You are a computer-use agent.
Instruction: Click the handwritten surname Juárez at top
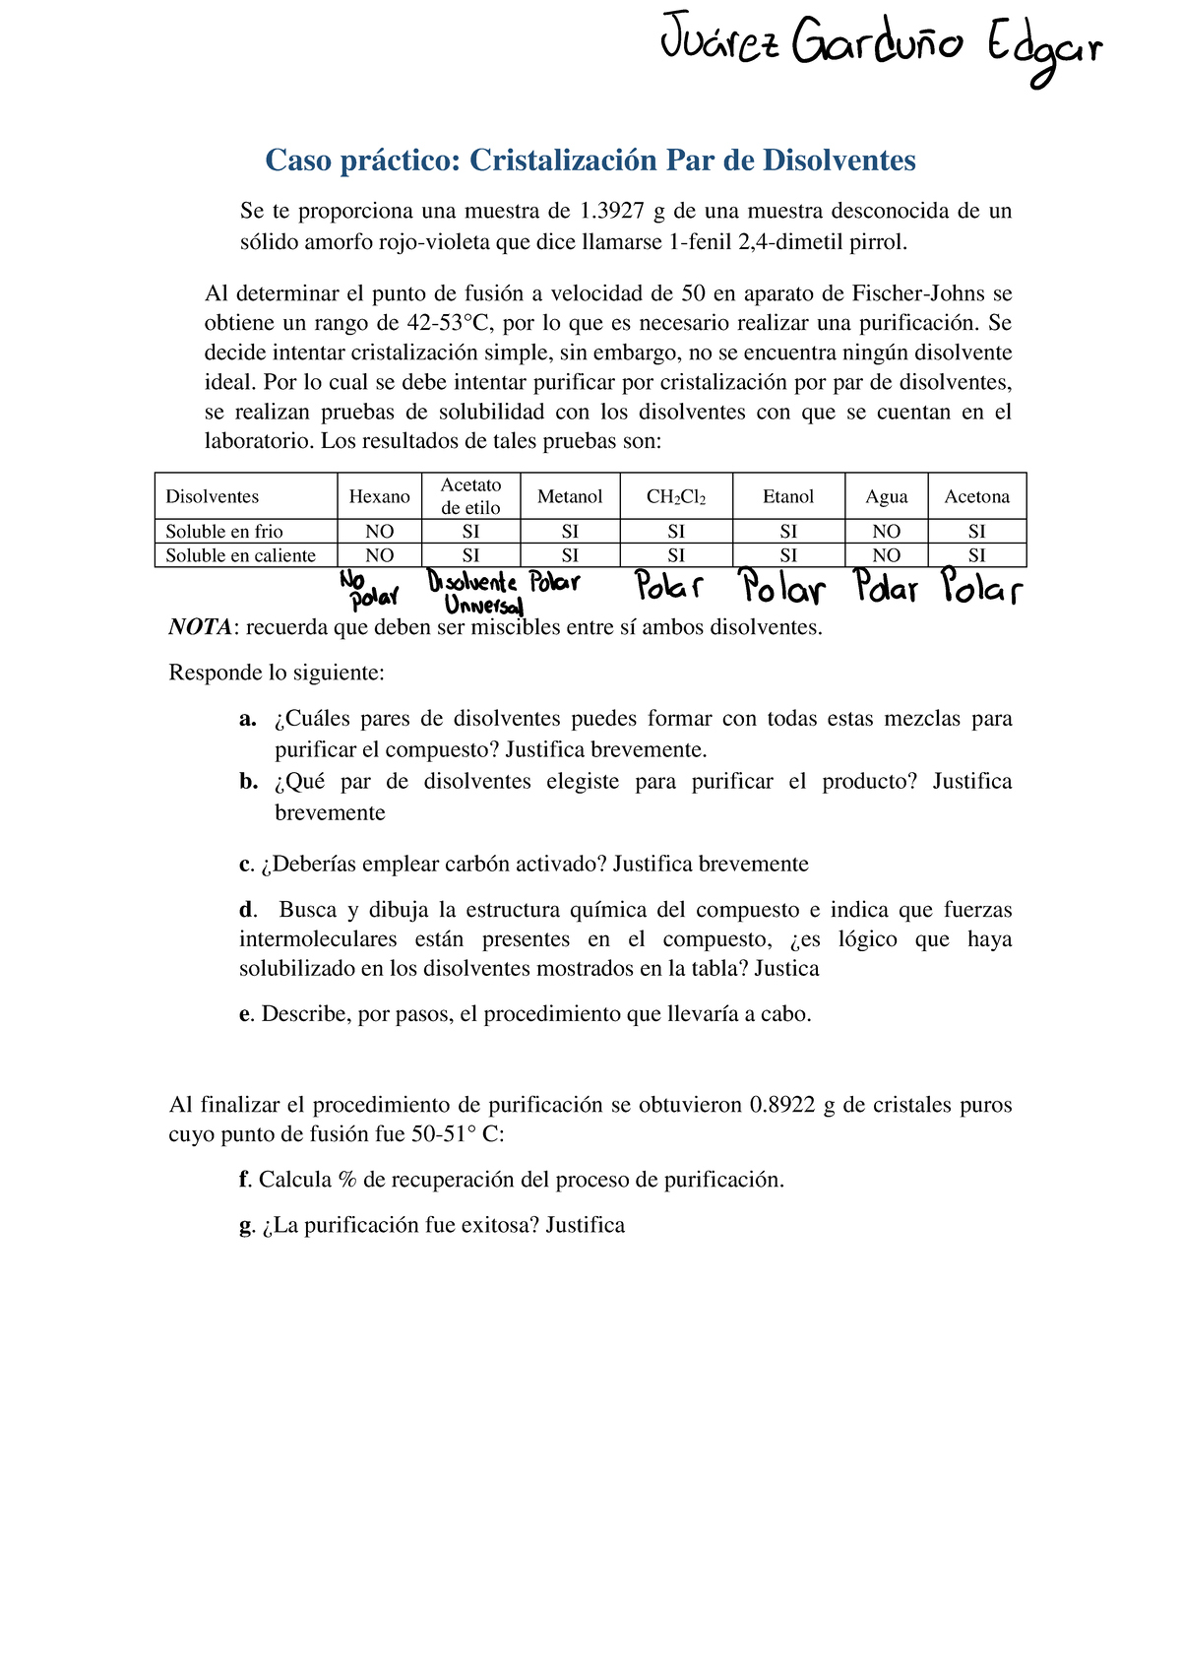tap(719, 44)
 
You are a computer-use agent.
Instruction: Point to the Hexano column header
tap(379, 496)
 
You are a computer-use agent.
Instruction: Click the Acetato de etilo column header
tap(470, 496)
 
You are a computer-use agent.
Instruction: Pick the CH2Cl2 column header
tap(675, 496)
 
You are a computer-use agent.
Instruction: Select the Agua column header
tap(886, 496)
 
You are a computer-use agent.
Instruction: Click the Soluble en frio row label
tap(224, 531)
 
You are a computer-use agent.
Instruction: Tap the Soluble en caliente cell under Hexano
tap(379, 555)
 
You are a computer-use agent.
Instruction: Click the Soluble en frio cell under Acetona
tap(976, 531)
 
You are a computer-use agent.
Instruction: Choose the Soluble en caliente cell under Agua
tap(886, 555)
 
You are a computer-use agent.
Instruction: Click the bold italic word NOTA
tap(201, 627)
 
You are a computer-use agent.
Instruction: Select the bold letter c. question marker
tap(246, 865)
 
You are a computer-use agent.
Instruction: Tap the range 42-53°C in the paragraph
tap(454, 323)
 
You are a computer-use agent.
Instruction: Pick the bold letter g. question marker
tap(246, 1226)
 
